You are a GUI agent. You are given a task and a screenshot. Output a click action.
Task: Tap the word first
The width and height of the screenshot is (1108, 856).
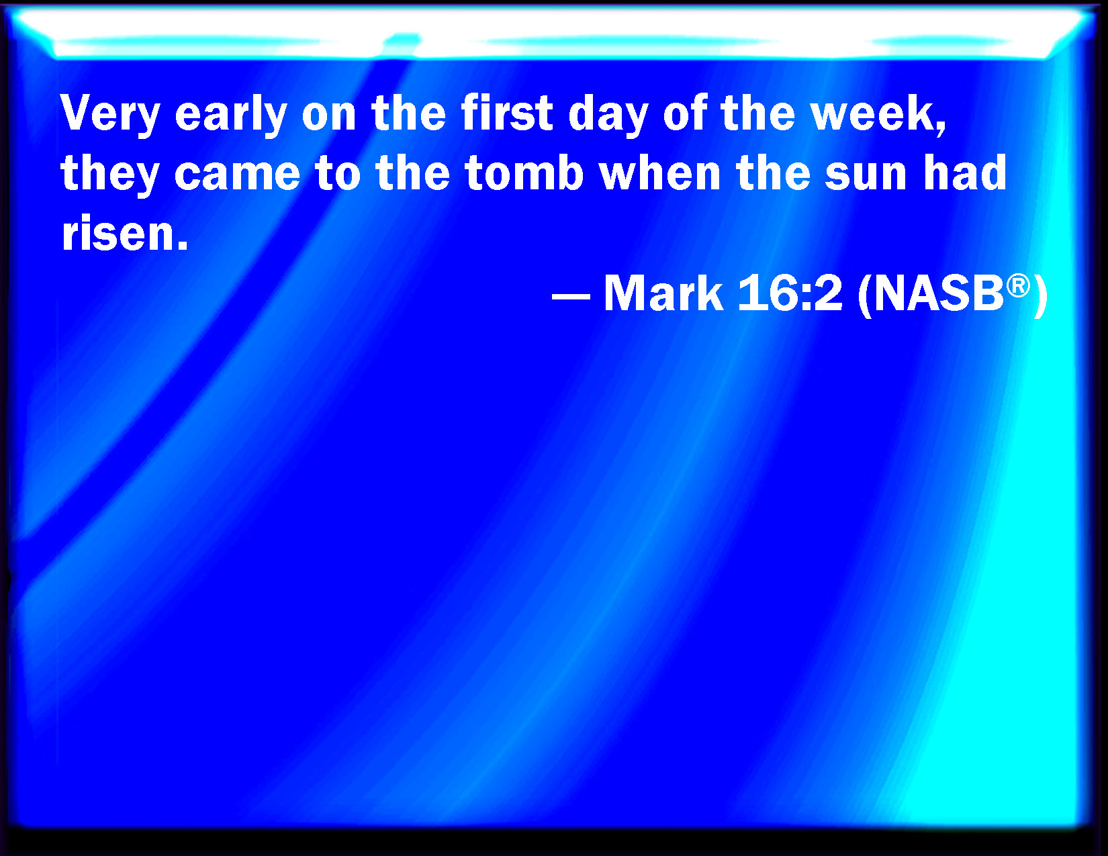pos(508,112)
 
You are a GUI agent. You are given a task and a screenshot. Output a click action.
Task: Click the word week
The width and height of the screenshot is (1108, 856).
pos(872,112)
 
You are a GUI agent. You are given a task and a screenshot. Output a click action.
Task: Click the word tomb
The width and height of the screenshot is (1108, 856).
pos(524,173)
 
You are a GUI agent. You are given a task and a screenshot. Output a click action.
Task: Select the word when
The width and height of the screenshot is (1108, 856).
pos(660,173)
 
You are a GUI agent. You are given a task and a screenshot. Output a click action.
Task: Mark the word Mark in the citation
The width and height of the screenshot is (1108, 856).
pos(663,293)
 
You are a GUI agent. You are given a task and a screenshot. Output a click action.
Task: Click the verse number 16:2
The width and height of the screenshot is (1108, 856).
pos(790,293)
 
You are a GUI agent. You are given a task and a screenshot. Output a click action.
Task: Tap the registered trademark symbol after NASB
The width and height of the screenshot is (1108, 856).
pos(1018,285)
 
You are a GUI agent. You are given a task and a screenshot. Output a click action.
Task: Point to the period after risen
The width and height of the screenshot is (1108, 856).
pos(181,246)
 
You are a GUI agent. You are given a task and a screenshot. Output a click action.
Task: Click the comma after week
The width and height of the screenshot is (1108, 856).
pos(941,128)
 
